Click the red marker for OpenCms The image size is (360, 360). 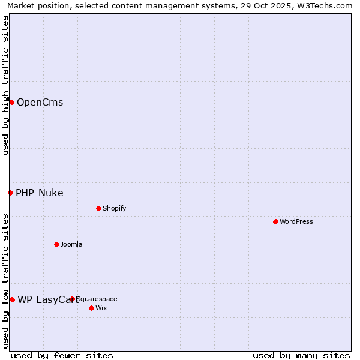(11, 102)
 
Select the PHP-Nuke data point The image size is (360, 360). (10, 193)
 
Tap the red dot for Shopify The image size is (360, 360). (98, 208)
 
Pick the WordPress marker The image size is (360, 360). (275, 221)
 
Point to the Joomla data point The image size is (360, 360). (56, 244)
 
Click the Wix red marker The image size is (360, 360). (91, 308)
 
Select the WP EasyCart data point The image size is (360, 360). (12, 299)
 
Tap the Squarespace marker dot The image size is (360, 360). (73, 299)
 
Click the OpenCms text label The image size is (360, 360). (40, 102)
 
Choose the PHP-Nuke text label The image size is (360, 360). (39, 193)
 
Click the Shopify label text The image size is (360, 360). (114, 208)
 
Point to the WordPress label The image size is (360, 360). (296, 221)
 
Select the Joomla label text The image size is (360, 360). (71, 244)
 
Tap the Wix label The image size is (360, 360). (101, 308)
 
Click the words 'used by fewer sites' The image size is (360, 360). (62, 355)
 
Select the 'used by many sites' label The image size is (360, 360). (301, 355)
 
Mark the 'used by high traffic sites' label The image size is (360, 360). (5, 85)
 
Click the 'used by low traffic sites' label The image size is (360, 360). (5, 281)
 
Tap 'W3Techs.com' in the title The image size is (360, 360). (327, 5)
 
